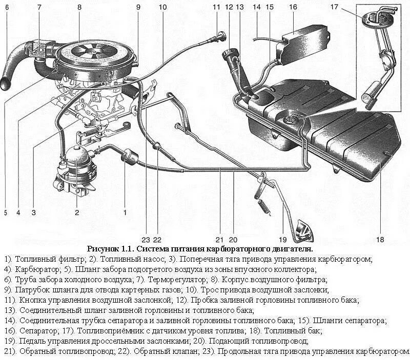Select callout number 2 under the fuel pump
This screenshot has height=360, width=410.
pyautogui.click(x=77, y=211)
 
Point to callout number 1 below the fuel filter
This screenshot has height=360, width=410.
pyautogui.click(x=125, y=211)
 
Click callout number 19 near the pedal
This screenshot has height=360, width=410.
pyautogui.click(x=282, y=239)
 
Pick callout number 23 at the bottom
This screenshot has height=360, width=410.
pyautogui.click(x=146, y=239)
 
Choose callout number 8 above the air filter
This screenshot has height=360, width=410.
pyautogui.click(x=79, y=7)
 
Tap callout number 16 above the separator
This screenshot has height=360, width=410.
pyautogui.click(x=293, y=7)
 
